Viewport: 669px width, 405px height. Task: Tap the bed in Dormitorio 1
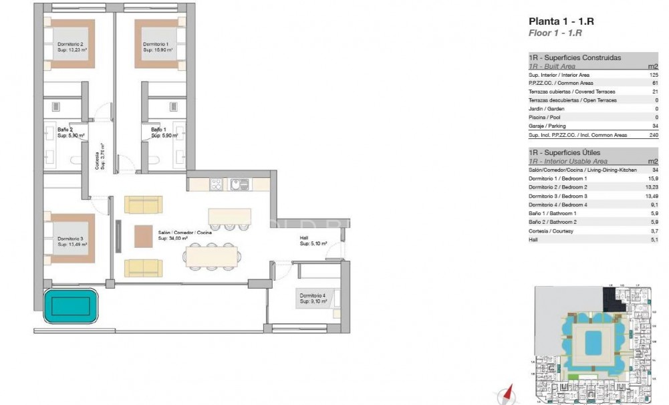click(158, 43)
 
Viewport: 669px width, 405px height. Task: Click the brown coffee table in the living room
click(144, 236)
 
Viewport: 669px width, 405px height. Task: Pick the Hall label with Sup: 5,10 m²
click(313, 241)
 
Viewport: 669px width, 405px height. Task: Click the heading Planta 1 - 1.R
click(561, 21)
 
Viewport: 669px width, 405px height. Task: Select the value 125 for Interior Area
click(654, 75)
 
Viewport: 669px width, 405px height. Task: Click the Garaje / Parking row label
click(547, 126)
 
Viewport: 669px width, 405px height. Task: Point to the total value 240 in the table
click(653, 134)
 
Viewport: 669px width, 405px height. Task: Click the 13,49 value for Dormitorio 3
click(651, 196)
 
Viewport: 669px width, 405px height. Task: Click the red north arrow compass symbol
click(508, 393)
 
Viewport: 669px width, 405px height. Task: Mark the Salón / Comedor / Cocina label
click(185, 232)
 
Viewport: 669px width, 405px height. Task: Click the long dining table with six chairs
click(211, 255)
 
